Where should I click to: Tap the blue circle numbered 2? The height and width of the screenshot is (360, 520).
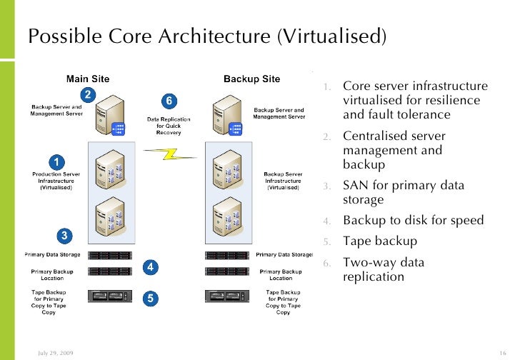pyautogui.click(x=87, y=95)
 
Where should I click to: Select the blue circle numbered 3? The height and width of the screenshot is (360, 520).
pyautogui.click(x=64, y=235)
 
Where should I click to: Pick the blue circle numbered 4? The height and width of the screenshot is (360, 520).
pyautogui.click(x=150, y=267)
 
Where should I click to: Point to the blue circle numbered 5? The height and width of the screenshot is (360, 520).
pyautogui.click(x=150, y=299)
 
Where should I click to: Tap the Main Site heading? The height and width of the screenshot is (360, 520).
pyautogui.click(x=88, y=79)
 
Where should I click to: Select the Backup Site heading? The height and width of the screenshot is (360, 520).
pyautogui.click(x=251, y=79)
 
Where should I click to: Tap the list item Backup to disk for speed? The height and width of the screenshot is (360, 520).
pyautogui.click(x=413, y=220)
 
